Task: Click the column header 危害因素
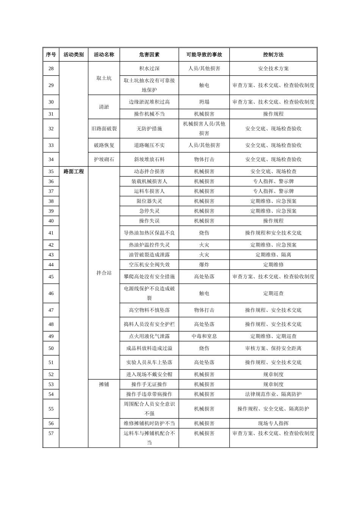tap(149, 55)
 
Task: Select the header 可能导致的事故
tap(204, 55)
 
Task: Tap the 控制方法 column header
tap(273, 55)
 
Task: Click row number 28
tap(51, 69)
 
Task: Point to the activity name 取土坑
tap(104, 78)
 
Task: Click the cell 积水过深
tap(149, 69)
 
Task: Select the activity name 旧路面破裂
tap(104, 129)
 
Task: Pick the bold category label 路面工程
tap(74, 172)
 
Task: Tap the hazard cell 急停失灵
tap(149, 211)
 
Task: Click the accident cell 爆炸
tap(204, 265)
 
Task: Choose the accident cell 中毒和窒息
tap(204, 336)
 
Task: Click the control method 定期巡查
tap(273, 293)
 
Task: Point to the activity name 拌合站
tap(104, 273)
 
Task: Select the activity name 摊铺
tap(104, 384)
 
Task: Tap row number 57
tap(51, 433)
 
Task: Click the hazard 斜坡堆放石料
tap(149, 159)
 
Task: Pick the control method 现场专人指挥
tap(273, 423)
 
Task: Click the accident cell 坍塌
tap(204, 102)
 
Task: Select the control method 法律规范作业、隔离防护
tap(273, 394)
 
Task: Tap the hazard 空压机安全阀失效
tap(149, 265)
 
